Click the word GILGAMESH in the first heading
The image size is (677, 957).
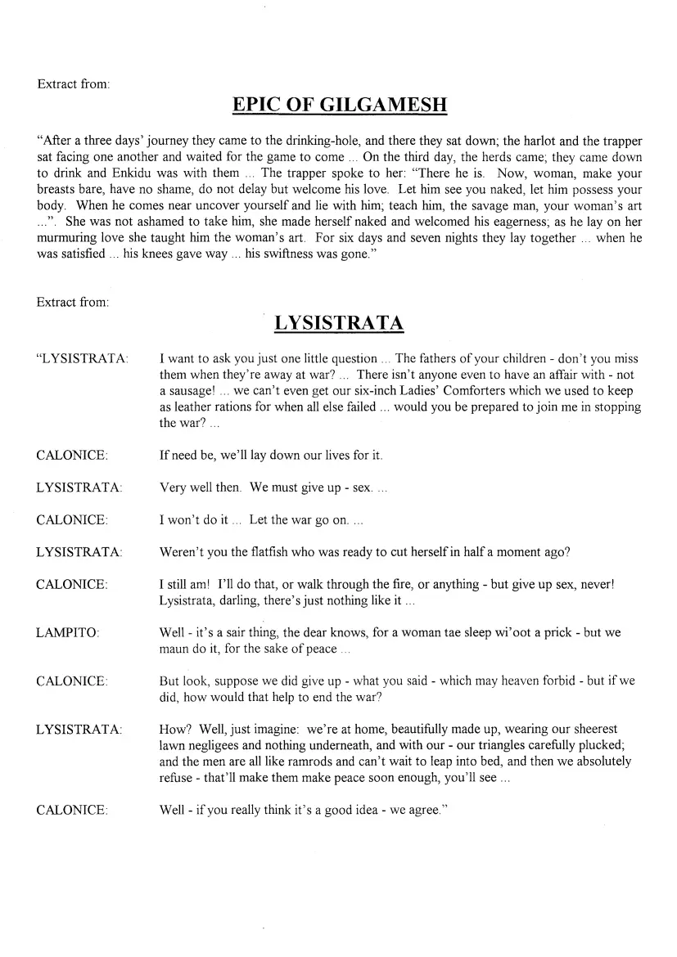click(387, 106)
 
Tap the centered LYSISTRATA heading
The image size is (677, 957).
click(339, 323)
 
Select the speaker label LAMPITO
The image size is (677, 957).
click(65, 633)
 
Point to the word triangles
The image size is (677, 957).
click(474, 745)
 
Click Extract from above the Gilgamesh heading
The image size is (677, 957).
click(74, 83)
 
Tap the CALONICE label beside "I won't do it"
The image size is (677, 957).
click(71, 520)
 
